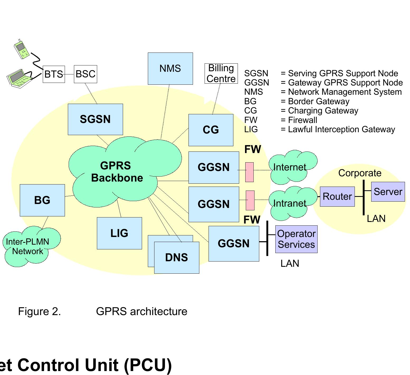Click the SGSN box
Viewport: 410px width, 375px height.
(95, 119)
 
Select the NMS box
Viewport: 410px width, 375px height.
(170, 69)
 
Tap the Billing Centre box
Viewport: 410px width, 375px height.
(221, 73)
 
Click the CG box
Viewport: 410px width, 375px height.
(211, 130)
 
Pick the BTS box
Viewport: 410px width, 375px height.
(54, 74)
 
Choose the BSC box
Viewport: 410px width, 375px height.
(85, 74)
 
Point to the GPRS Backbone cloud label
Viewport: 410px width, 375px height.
(116, 172)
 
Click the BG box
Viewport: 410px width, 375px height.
(42, 200)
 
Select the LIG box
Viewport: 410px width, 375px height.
(119, 233)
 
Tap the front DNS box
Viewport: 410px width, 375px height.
(177, 258)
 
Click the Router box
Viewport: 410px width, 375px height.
(337, 197)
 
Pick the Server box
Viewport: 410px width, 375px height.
(388, 192)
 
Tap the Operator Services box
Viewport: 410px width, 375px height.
(296, 239)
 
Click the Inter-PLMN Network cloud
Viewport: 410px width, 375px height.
(29, 246)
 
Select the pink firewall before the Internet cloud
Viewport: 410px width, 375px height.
(249, 172)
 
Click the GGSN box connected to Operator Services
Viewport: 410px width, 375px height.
(234, 244)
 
